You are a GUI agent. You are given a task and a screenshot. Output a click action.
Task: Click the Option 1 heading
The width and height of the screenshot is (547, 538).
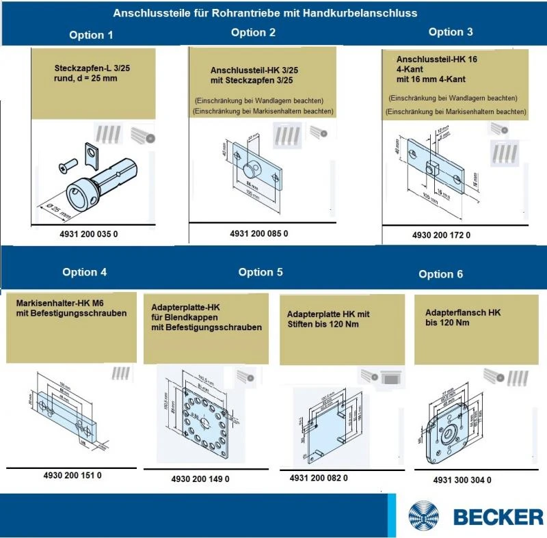[91, 35]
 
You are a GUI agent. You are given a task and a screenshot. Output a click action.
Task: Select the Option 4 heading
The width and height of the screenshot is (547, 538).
[84, 272]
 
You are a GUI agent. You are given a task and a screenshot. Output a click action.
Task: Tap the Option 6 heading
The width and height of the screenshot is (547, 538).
[440, 274]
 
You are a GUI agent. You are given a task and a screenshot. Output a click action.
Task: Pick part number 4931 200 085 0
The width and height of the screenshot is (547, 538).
[259, 234]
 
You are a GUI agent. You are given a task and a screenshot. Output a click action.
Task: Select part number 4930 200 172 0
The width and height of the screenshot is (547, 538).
[441, 235]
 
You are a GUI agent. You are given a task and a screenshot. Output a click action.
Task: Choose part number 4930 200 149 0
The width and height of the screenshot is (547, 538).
[200, 479]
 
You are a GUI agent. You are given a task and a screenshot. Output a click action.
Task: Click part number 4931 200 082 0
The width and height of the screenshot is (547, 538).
[319, 478]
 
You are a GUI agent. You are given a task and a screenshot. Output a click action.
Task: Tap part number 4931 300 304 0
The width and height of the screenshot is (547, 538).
[462, 480]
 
